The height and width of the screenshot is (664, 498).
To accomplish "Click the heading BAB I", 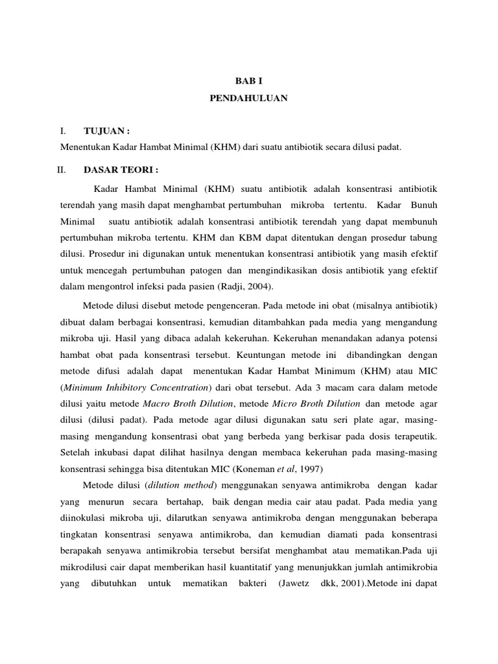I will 248,80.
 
